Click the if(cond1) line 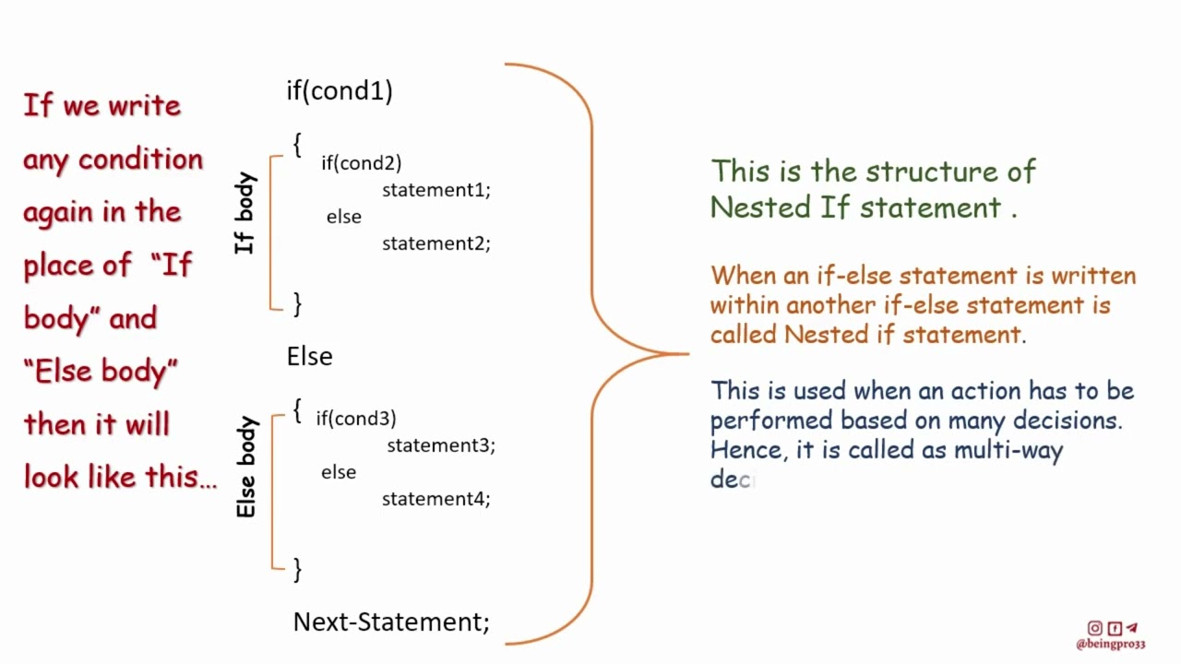(340, 90)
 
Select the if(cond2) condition (361, 163)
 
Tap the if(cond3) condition (356, 419)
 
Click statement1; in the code (436, 190)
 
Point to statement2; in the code (436, 243)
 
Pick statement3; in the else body (441, 445)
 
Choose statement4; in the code (436, 499)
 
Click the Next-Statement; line (391, 622)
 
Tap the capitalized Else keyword (309, 357)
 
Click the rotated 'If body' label (245, 213)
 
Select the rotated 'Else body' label (245, 468)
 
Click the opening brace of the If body (296, 145)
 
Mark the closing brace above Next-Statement (296, 569)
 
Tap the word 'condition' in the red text (140, 160)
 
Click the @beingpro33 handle (1110, 645)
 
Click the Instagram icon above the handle (1094, 628)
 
